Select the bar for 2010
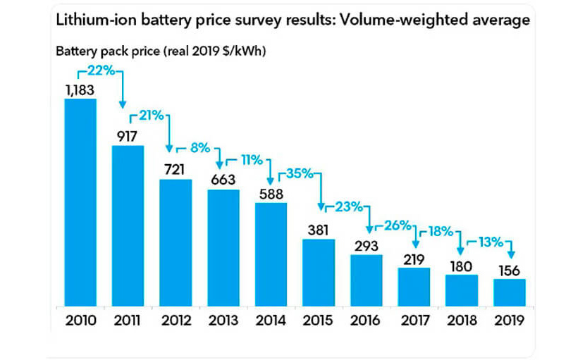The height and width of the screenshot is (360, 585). click(x=80, y=203)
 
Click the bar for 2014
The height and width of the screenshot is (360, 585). click(x=271, y=255)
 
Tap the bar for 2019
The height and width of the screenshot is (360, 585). click(x=509, y=293)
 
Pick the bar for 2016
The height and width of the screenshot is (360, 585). click(x=366, y=281)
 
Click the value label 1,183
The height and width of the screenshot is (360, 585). click(x=80, y=89)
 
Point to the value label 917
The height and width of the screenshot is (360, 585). click(x=128, y=135)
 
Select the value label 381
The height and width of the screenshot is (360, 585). click(x=318, y=230)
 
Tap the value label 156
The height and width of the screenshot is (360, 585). click(x=509, y=269)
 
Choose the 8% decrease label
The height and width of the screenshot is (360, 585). click(x=201, y=148)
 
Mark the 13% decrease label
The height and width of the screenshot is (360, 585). click(x=492, y=242)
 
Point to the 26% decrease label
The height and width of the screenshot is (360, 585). click(x=398, y=225)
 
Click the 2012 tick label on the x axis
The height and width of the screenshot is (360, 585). click(x=175, y=321)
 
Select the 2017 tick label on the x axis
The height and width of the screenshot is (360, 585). click(x=414, y=321)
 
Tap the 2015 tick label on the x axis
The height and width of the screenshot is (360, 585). click(x=319, y=321)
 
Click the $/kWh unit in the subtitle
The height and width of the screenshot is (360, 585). click(x=243, y=52)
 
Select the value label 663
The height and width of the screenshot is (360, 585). click(x=223, y=180)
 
